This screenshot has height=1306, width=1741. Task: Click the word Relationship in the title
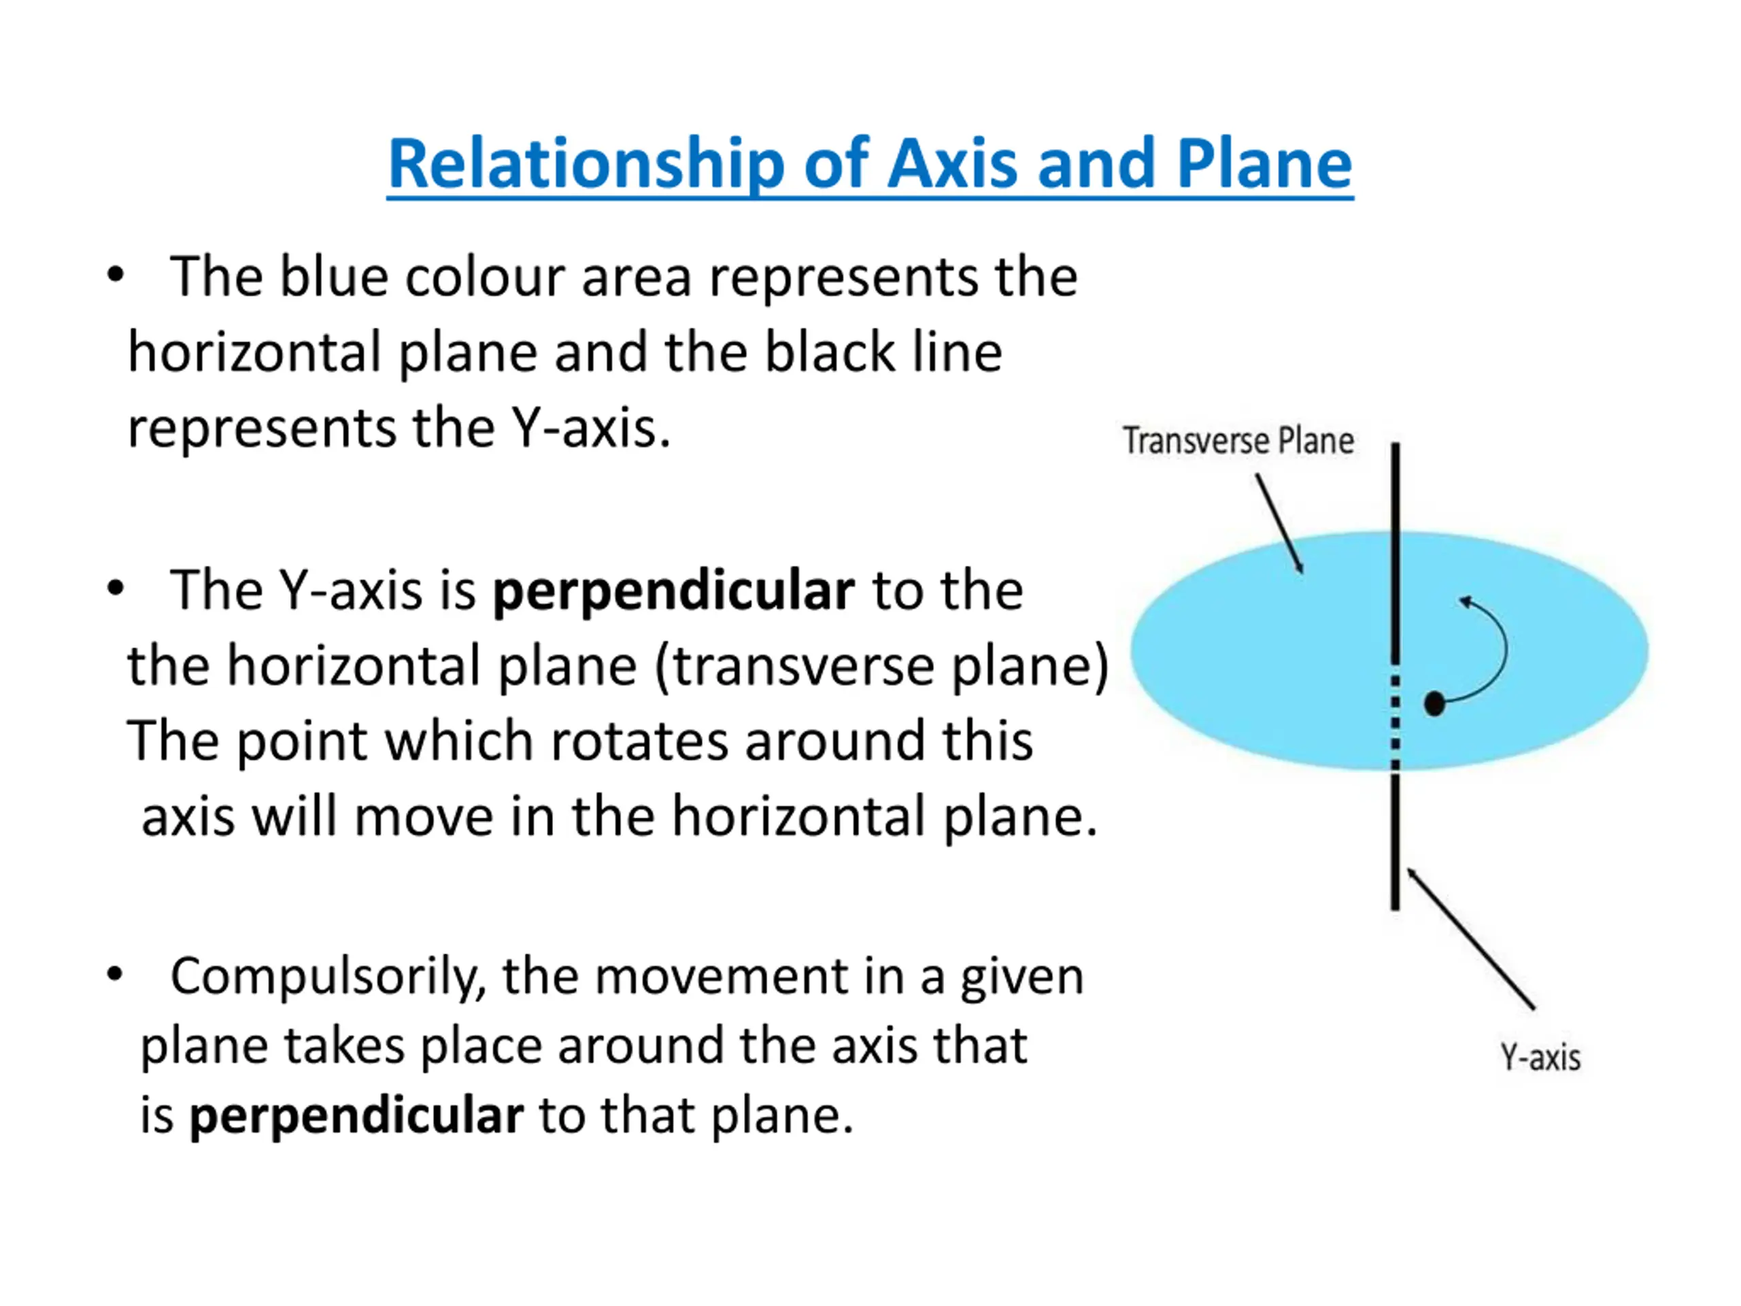587,165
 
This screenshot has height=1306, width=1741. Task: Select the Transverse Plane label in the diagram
1238,441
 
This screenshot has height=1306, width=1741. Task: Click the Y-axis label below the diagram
1540,1057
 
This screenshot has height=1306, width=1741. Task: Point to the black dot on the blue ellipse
1434,703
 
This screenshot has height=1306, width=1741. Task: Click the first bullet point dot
116,275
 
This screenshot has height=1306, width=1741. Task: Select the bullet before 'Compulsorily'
116,975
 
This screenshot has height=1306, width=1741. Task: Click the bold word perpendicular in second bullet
673,590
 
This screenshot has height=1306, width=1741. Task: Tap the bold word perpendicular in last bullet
356,1116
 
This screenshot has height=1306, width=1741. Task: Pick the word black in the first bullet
830,352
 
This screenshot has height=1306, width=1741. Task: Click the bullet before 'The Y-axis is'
116,589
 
